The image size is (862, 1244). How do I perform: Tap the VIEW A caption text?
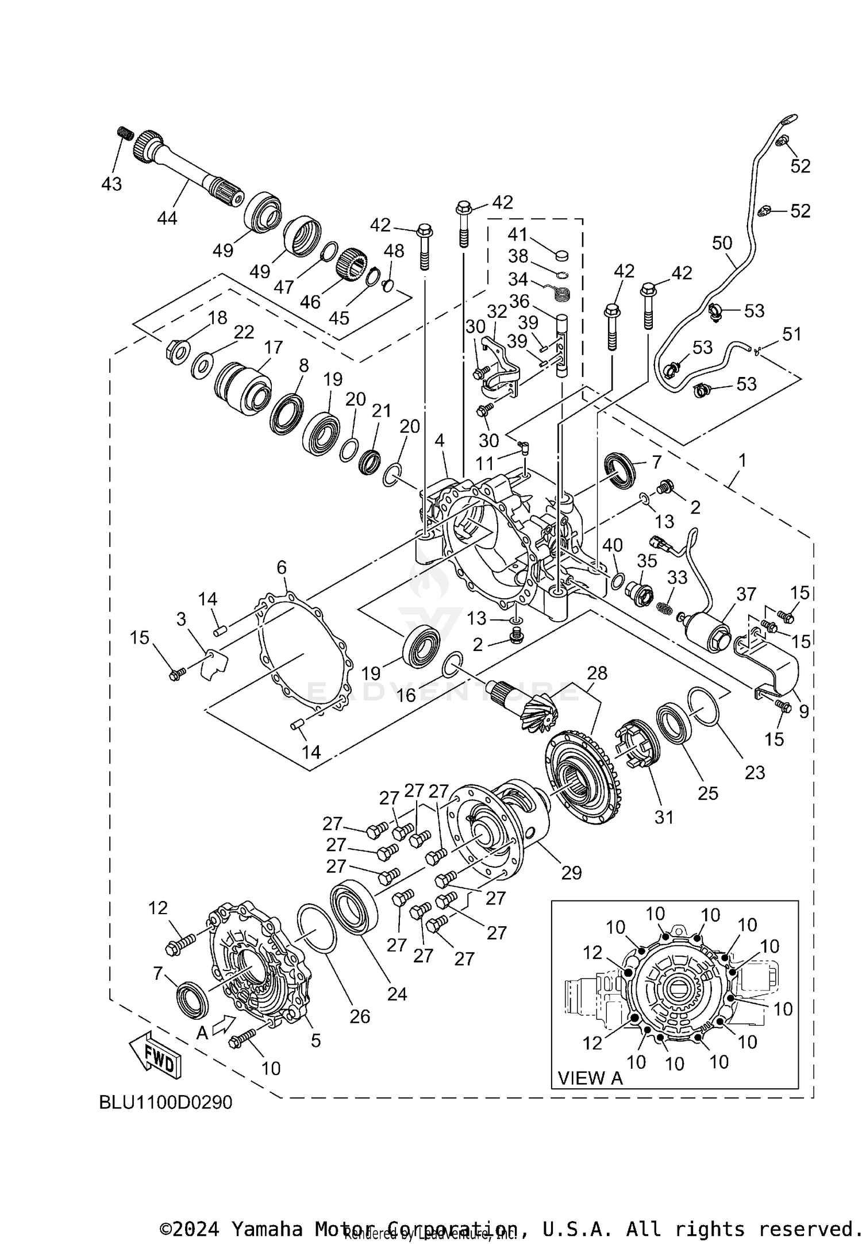pyautogui.click(x=591, y=1078)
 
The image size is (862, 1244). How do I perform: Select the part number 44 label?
pyautogui.click(x=167, y=218)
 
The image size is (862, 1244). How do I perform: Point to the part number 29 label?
pyautogui.click(x=571, y=873)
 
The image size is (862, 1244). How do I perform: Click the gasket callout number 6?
pyautogui.click(x=281, y=568)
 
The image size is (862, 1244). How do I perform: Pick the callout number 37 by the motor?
pyautogui.click(x=746, y=594)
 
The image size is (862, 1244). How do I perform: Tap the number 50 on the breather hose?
pyautogui.click(x=722, y=243)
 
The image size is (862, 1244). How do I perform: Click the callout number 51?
pyautogui.click(x=792, y=334)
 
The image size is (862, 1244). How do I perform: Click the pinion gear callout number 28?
pyautogui.click(x=597, y=673)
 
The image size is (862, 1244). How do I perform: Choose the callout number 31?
pyautogui.click(x=664, y=817)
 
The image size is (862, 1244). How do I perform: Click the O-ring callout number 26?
pyautogui.click(x=360, y=1016)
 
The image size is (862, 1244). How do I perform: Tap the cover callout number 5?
pyautogui.click(x=315, y=1041)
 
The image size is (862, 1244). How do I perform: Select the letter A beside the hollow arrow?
pyautogui.click(x=202, y=1033)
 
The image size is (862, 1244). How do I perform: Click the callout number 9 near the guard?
pyautogui.click(x=803, y=711)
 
